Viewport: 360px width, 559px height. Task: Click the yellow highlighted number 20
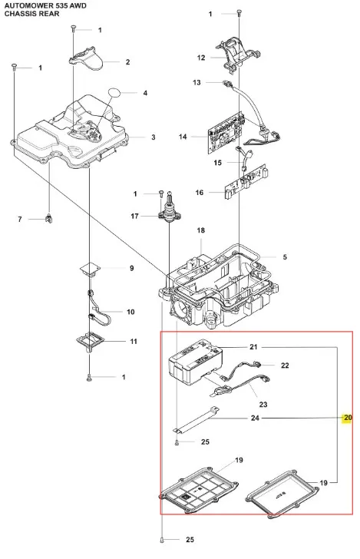[x=348, y=418]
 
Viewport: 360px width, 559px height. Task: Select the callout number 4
[x=145, y=93]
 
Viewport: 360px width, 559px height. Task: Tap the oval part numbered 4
[x=115, y=93]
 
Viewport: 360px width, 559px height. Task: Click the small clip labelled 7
[x=49, y=218]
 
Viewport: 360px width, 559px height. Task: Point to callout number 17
[x=134, y=216]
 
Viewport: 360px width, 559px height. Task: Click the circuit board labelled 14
[x=226, y=132]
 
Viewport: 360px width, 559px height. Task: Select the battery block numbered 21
[x=196, y=362]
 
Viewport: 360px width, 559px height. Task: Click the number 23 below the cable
[x=263, y=404]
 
